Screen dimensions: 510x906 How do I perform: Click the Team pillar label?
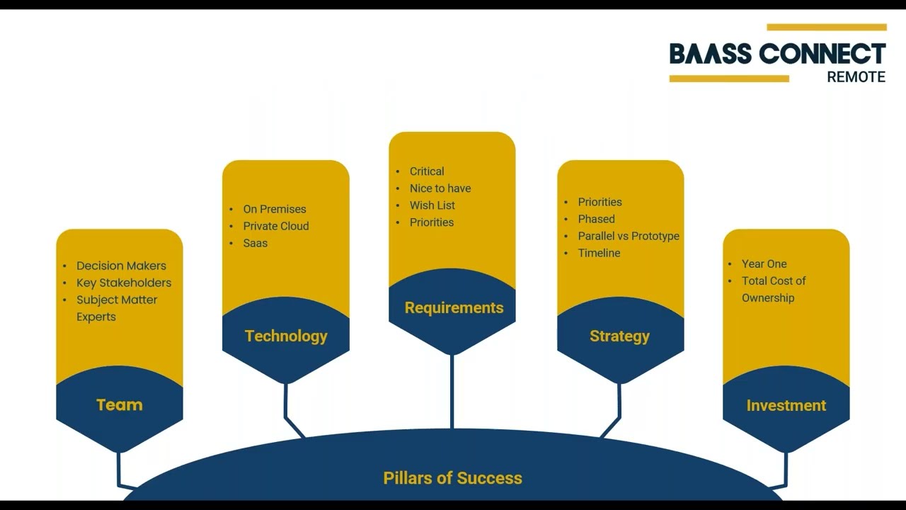coord(119,404)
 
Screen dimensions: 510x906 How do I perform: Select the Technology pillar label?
coord(286,336)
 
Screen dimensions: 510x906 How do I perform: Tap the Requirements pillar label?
coord(454,307)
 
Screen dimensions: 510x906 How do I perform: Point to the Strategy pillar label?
coord(619,336)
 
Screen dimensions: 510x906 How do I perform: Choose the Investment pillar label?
coord(786,405)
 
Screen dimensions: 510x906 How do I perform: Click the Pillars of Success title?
coord(452,478)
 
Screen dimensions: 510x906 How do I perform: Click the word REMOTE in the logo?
coord(856,77)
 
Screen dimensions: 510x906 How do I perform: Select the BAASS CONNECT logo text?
coord(777,55)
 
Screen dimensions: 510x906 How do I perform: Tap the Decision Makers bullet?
coord(121,266)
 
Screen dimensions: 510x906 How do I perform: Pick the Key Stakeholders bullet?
coord(124,283)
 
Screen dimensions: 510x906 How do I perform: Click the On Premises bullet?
coord(275,209)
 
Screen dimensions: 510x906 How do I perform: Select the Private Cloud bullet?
coord(276,226)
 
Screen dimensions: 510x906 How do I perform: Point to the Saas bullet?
coord(256,243)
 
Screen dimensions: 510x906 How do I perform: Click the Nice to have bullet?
coord(440,188)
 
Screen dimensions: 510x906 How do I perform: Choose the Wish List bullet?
coord(432,205)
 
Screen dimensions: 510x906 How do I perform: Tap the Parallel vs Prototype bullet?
coord(629,236)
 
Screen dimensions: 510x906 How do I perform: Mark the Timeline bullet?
coord(599,253)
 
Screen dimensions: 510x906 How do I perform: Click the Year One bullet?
coord(764,263)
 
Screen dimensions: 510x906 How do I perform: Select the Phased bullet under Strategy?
coord(597,219)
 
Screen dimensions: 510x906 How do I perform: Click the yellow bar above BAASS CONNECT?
coord(826,28)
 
